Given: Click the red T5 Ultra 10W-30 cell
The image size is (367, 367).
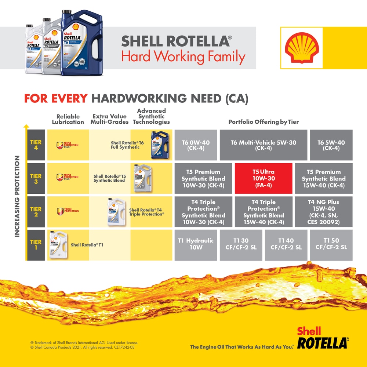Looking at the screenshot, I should pos(263,178).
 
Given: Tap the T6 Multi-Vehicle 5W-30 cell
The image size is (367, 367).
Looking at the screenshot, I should pos(263,145).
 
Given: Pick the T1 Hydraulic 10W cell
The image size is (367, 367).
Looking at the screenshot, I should pos(196,244).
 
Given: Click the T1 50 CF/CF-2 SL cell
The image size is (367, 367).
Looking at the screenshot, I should pos(331,244).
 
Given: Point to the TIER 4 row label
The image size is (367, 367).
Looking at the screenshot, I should pos(36,145).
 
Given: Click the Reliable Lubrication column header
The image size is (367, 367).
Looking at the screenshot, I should pos(68,119).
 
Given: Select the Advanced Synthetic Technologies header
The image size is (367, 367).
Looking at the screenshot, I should pos(151,116).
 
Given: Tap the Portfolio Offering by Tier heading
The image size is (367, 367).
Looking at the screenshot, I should pos(264,122).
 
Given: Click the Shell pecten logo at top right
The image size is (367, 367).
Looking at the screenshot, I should pos(301,48).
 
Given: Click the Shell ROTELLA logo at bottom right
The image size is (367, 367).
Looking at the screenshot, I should pos(321,338).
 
